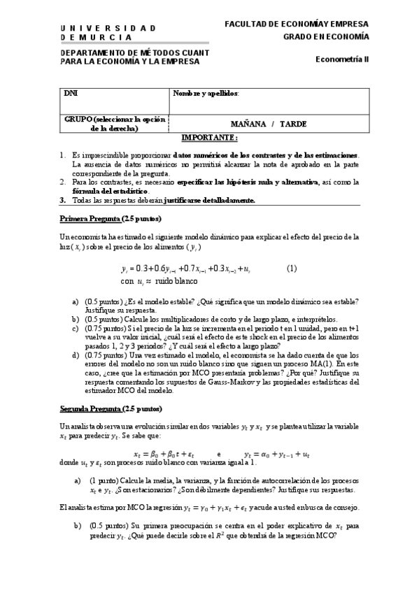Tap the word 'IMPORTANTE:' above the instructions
(209, 138)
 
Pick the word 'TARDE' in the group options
(293, 124)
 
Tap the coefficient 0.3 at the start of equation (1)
(145, 269)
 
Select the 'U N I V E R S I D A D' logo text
(108, 27)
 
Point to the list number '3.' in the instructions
(62, 200)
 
